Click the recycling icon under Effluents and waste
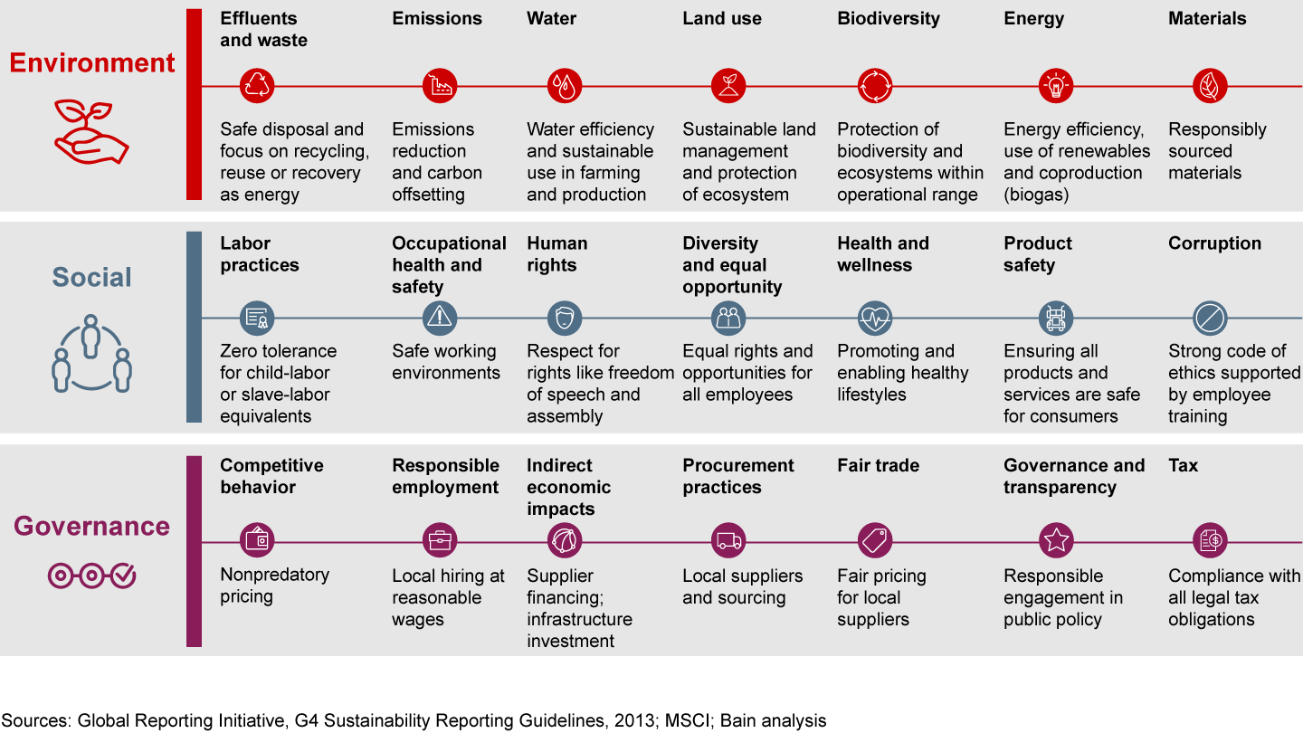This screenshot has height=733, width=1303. [x=257, y=86]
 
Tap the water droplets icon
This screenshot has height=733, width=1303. [x=565, y=86]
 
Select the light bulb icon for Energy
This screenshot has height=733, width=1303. [x=1055, y=86]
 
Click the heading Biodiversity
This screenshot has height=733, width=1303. [x=888, y=18]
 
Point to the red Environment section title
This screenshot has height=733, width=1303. [x=92, y=62]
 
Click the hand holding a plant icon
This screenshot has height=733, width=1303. [x=91, y=132]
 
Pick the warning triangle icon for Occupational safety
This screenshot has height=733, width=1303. [x=440, y=319]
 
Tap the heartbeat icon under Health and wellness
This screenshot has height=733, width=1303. [x=874, y=319]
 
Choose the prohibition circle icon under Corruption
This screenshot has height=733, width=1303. [x=1210, y=319]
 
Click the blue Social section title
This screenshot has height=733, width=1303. [x=91, y=277]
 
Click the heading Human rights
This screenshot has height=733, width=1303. [x=556, y=254]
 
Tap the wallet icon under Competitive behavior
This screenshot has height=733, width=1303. [x=257, y=541]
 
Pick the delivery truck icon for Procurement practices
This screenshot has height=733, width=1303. [x=728, y=541]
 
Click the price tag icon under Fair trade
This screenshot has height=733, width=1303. [x=874, y=541]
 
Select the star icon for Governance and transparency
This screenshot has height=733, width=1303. [x=1055, y=541]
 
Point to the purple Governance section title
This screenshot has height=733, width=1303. [x=91, y=526]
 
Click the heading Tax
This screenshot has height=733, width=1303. [x=1183, y=465]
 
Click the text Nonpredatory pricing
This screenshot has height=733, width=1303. [x=274, y=585]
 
